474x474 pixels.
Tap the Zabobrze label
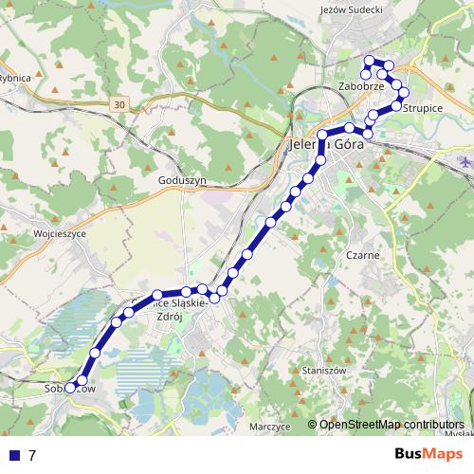point(360,86)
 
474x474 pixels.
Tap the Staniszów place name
point(320,370)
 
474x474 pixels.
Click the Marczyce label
point(268,427)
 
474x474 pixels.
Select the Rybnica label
point(16,78)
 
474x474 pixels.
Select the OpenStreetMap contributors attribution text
point(392,424)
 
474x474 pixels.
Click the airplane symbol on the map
point(465,162)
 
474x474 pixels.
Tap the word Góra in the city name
point(347,147)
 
